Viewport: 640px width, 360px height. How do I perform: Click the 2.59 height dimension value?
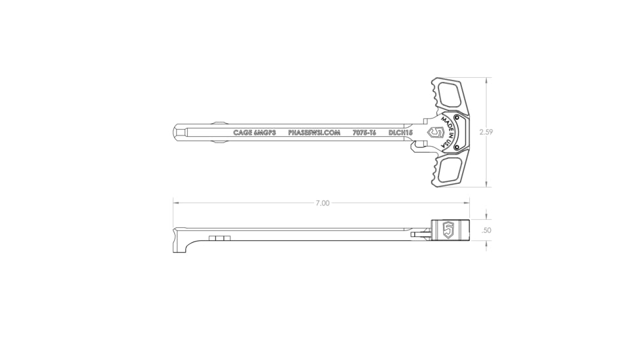click(x=486, y=132)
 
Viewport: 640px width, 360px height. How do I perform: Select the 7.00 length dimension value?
click(x=322, y=203)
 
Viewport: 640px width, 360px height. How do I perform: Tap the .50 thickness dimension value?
click(x=486, y=230)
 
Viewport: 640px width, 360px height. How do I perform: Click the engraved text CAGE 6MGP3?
click(x=255, y=133)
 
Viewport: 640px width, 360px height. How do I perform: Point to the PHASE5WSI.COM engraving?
click(x=314, y=133)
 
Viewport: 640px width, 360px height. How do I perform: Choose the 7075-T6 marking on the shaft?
click(x=364, y=133)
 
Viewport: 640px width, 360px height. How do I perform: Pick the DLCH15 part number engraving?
click(x=400, y=133)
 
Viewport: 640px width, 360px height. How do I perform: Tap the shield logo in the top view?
click(x=434, y=132)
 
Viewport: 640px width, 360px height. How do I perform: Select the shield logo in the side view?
click(x=449, y=230)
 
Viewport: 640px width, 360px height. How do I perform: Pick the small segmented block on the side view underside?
click(x=219, y=238)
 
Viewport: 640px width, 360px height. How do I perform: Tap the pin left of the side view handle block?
click(x=418, y=232)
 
